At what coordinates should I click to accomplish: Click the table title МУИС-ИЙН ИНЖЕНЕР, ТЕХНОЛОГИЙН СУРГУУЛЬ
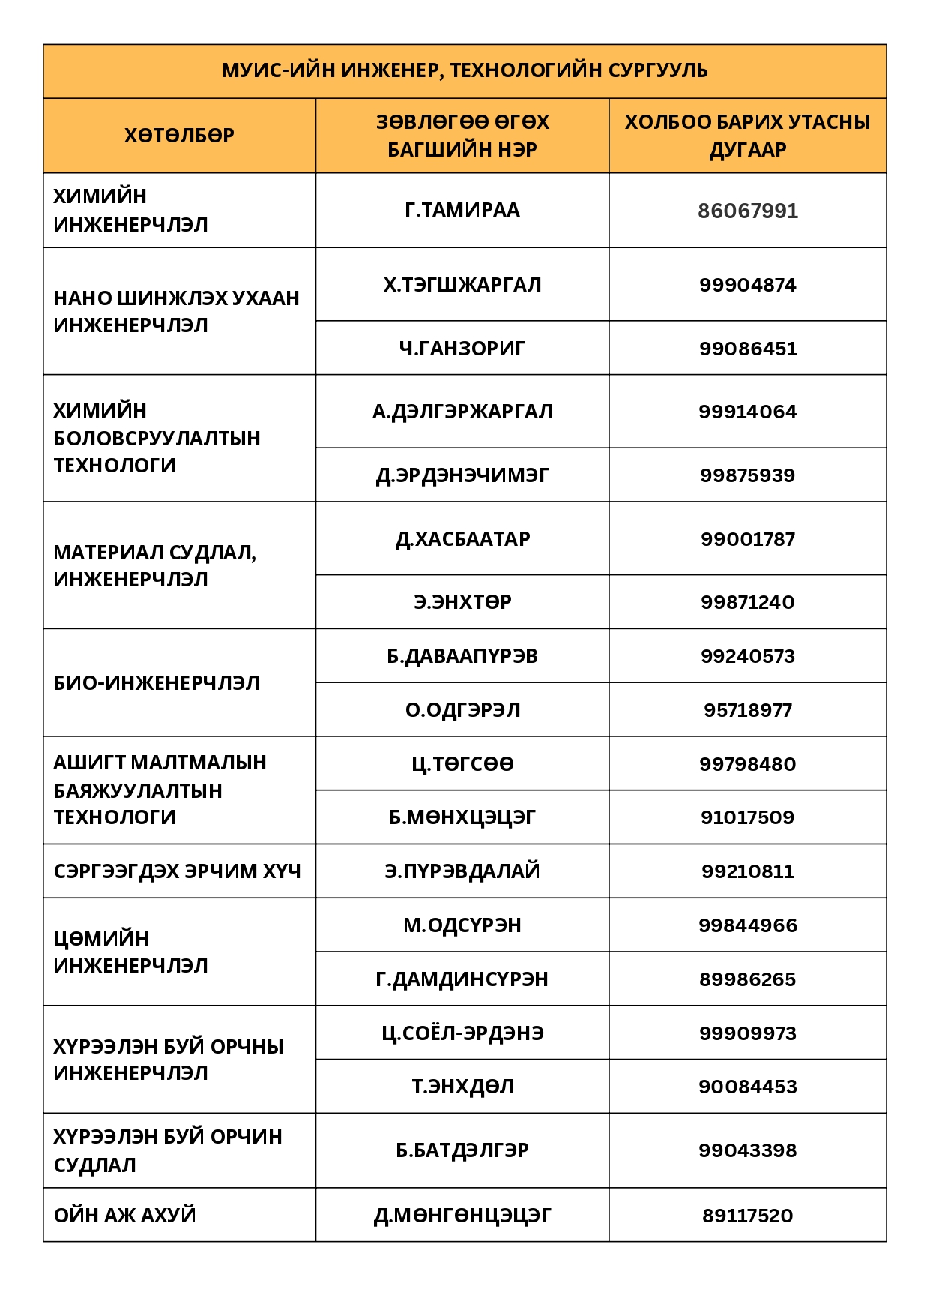(x=465, y=70)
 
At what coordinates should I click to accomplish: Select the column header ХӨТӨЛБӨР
(x=179, y=136)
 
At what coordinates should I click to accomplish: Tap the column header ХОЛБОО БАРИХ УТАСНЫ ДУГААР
(x=747, y=136)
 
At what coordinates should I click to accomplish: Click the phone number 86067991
(x=747, y=211)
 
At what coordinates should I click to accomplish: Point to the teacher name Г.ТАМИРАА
(x=462, y=210)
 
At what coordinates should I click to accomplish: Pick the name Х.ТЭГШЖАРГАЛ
(x=462, y=285)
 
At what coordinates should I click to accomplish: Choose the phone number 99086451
(x=747, y=349)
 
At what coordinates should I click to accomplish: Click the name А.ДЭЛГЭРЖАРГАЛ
(x=462, y=412)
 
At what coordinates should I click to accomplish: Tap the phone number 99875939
(x=747, y=475)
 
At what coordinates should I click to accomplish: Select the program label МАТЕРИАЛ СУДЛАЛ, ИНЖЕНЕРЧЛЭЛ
(x=154, y=565)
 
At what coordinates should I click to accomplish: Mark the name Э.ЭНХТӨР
(x=462, y=602)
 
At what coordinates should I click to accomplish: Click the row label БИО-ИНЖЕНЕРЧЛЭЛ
(x=157, y=683)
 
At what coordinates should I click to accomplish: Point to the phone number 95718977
(x=747, y=710)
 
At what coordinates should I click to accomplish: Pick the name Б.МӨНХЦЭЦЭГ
(x=462, y=817)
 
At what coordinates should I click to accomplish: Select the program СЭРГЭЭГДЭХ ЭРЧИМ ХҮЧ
(x=177, y=871)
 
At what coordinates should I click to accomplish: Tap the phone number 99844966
(x=747, y=925)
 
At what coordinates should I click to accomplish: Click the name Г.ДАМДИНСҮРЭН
(x=462, y=979)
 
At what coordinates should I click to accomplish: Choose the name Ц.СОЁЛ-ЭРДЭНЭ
(x=462, y=1033)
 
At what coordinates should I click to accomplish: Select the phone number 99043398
(x=747, y=1150)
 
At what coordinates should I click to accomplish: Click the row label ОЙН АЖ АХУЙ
(x=124, y=1215)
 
